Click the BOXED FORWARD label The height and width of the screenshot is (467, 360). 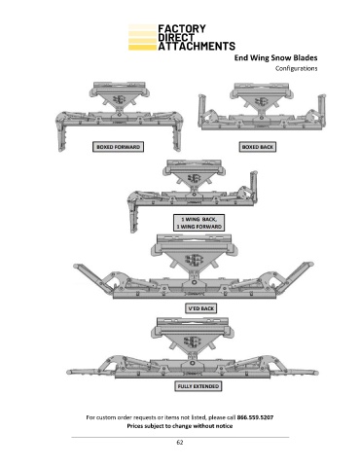pos(118,147)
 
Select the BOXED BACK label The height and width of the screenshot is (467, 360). pos(258,147)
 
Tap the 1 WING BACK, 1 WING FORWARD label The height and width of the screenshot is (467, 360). pos(198,223)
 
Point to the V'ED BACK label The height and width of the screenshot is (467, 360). pos(200,308)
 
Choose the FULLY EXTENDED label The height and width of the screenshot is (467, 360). pos(198,386)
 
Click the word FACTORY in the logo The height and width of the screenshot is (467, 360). pos(182,28)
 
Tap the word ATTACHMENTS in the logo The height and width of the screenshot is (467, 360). pos(197,46)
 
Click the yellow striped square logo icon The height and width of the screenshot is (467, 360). pos(142,37)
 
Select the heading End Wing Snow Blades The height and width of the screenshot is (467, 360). pos(275,57)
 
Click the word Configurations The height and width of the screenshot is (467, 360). pos(297,68)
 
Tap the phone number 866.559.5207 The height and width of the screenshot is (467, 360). pos(255,417)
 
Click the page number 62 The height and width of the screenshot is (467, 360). pos(180,443)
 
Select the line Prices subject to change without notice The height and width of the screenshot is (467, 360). pos(180,426)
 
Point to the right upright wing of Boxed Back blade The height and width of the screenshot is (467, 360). pos(321,109)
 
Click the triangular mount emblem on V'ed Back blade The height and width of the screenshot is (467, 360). pos(194,260)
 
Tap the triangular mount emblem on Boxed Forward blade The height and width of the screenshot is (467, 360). pos(119,100)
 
